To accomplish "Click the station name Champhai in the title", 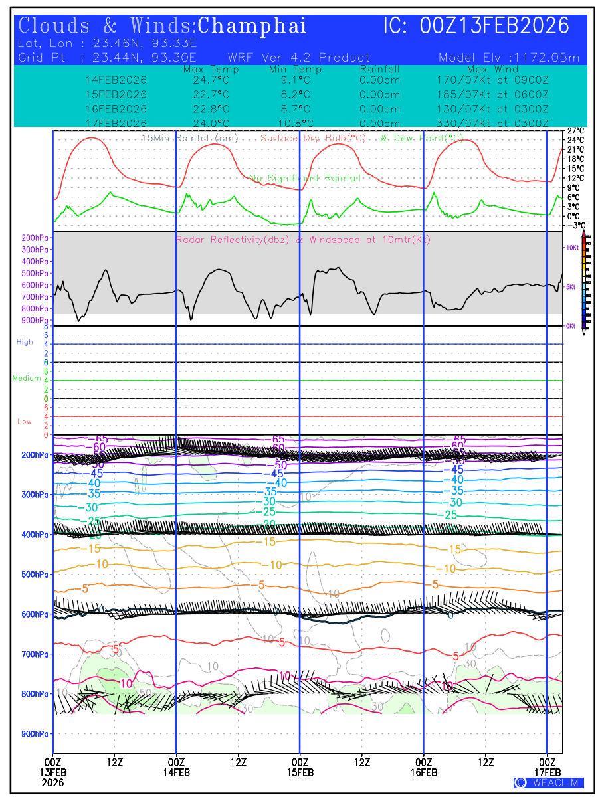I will [252, 26].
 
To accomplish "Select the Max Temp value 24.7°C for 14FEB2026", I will [207, 80].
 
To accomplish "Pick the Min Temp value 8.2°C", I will [295, 94].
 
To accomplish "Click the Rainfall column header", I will [379, 70].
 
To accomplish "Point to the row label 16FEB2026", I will [116, 109].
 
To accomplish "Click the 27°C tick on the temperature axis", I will [575, 131].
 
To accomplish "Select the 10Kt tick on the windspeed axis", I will [571, 248].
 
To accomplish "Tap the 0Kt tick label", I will [571, 326].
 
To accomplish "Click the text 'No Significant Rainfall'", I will [305, 178].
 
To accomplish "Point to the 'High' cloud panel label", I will [25, 342].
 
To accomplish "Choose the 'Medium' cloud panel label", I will [26, 379].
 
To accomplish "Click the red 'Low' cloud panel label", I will [25, 422].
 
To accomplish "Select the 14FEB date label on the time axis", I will [176, 772].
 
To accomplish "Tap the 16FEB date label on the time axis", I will [424, 772].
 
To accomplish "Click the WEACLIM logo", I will [549, 783].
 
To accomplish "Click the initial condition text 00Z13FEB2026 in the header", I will [494, 26].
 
